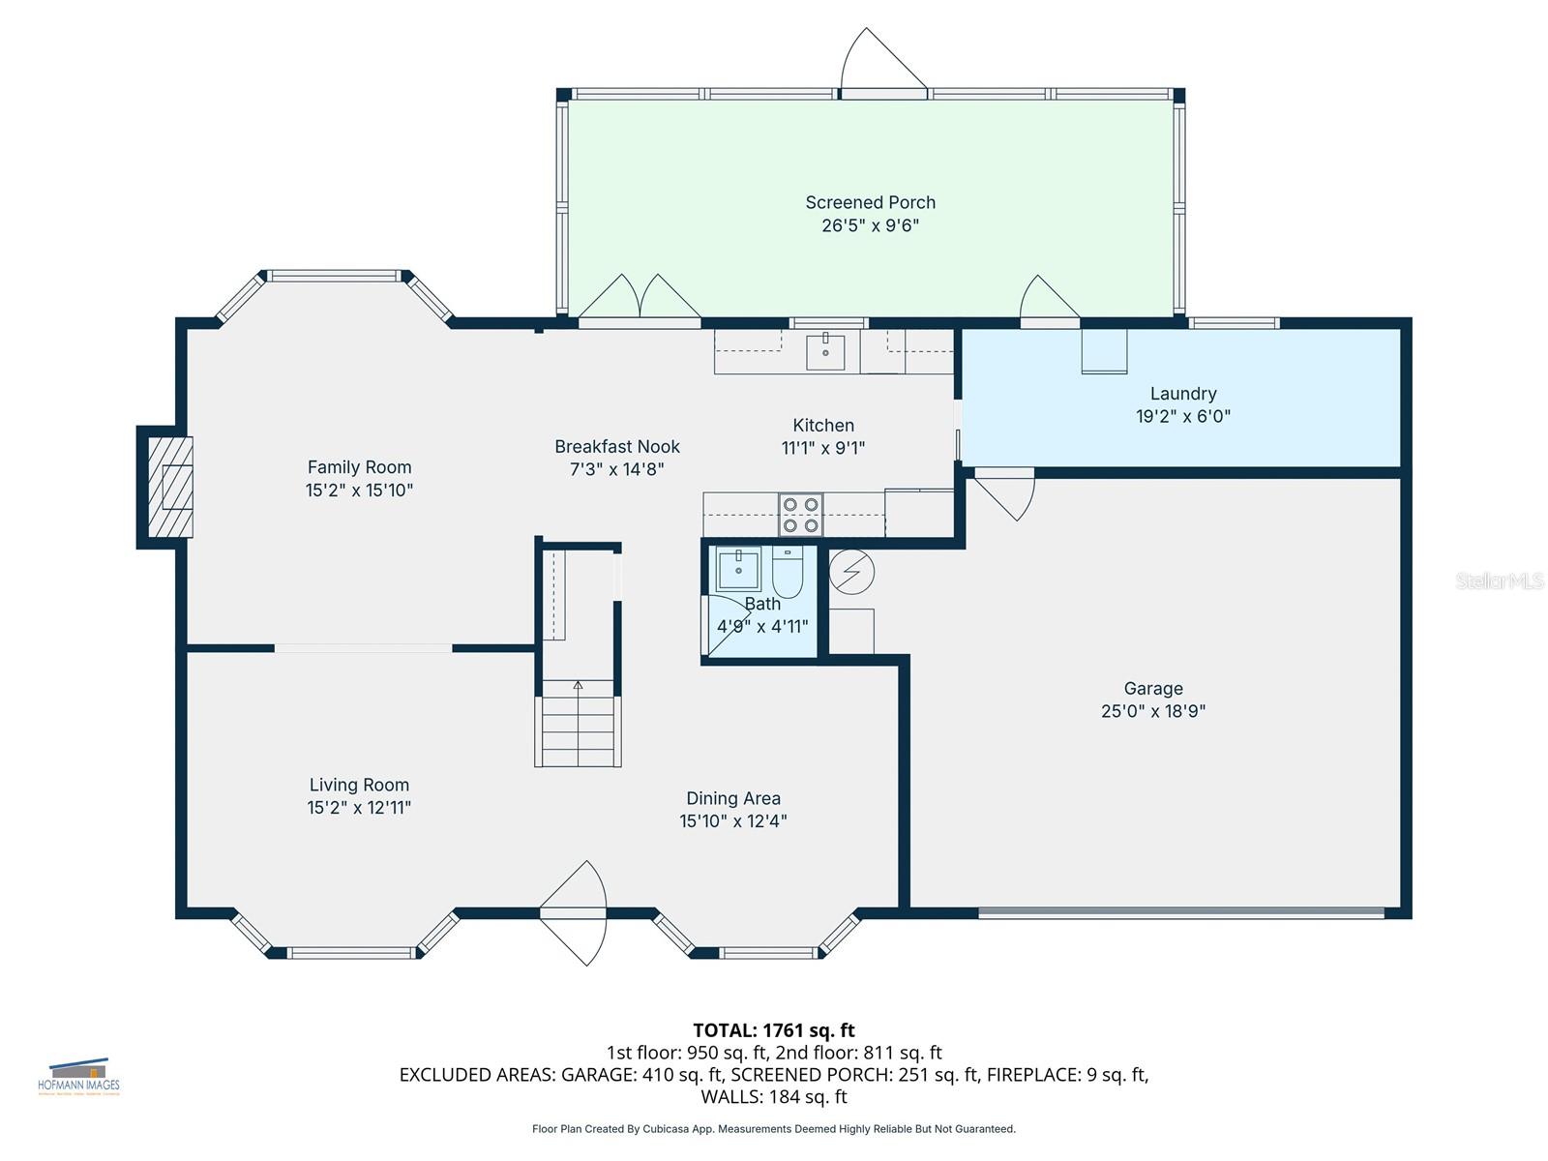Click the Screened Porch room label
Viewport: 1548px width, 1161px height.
coord(870,202)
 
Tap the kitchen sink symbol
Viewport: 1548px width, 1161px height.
coord(825,352)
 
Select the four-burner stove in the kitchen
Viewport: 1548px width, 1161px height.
coord(801,515)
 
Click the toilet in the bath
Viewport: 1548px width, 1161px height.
coord(788,573)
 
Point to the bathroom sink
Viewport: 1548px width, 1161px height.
coord(739,568)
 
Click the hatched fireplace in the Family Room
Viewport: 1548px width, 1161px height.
coord(170,487)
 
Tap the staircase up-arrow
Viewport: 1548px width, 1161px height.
coord(578,686)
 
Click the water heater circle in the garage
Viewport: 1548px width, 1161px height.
coord(851,572)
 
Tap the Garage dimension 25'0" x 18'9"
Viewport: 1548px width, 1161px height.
coord(1153,711)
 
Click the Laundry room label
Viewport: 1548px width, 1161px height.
coord(1182,394)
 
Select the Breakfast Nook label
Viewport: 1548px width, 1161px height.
coord(617,446)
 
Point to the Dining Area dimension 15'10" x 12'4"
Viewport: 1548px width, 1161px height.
coord(732,821)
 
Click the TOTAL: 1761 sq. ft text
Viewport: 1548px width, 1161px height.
coord(773,1030)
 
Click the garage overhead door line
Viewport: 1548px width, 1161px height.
coord(1180,911)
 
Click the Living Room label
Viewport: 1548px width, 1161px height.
coord(359,785)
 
